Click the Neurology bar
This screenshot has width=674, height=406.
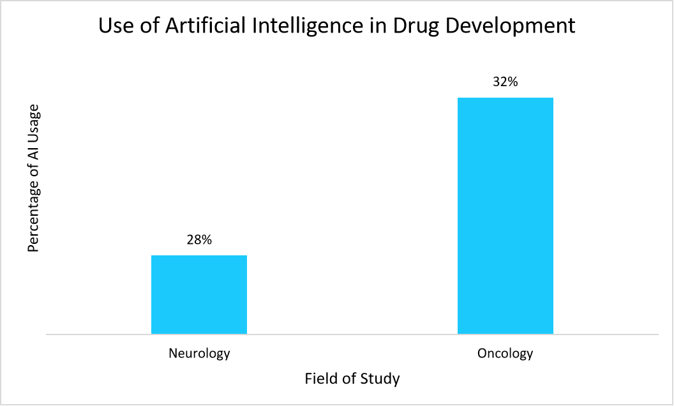(199, 294)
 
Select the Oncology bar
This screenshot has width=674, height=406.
(506, 216)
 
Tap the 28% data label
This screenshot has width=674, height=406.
(199, 241)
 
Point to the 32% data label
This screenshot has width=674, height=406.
(506, 82)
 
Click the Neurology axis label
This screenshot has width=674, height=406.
(199, 353)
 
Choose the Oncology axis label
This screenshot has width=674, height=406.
(505, 353)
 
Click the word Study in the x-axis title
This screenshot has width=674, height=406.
(380, 379)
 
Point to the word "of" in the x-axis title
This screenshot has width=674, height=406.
(348, 379)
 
